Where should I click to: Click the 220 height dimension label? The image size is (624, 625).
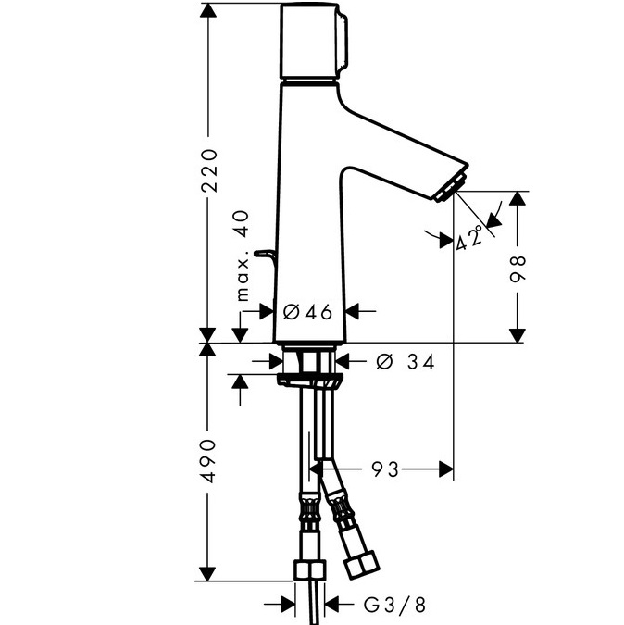(209, 170)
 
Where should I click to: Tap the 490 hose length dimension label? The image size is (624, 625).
(209, 461)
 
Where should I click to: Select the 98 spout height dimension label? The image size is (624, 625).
(518, 269)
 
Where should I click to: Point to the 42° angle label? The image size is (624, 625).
(469, 238)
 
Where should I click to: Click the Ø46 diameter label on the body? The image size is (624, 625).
(307, 311)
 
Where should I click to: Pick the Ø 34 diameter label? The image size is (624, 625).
(406, 361)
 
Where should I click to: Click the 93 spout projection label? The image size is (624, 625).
(385, 469)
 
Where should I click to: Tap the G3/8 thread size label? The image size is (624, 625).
(394, 605)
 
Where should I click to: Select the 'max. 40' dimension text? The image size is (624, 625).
(243, 256)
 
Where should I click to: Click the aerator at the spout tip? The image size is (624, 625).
(451, 187)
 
